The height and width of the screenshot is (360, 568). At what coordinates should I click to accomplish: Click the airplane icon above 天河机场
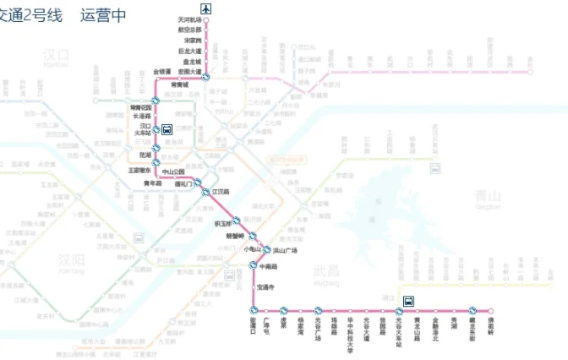coord(207,8)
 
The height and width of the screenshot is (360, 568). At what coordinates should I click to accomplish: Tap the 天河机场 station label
coord(191,19)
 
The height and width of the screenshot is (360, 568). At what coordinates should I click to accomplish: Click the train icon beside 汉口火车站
coord(167,130)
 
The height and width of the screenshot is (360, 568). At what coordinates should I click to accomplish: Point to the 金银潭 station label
coord(161,72)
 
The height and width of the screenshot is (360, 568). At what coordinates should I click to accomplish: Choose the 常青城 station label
coord(180,85)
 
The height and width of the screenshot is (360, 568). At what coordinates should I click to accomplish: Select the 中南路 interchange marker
coord(252,266)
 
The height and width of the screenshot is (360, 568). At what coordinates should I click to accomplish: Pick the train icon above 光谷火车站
coord(409,300)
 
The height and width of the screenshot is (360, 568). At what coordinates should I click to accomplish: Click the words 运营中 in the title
coord(103,14)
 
